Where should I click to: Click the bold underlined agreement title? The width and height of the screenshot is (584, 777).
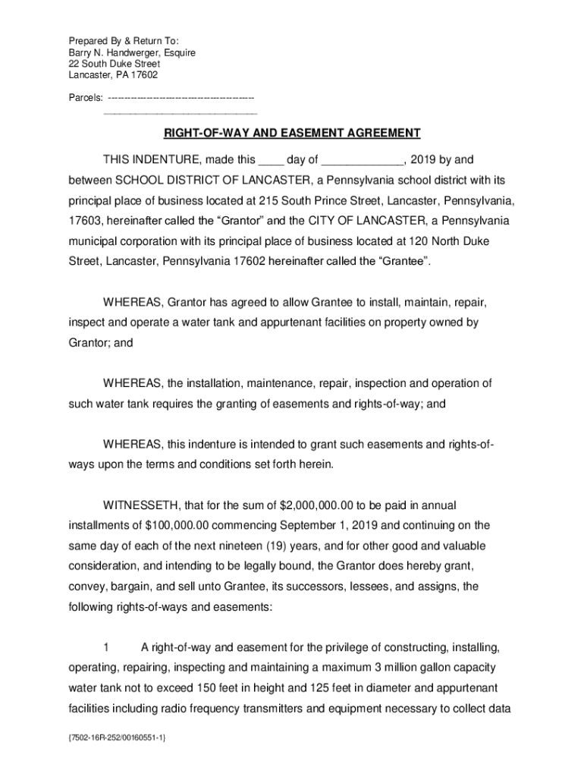pos(292,134)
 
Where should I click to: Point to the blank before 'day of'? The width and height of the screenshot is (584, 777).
pos(271,160)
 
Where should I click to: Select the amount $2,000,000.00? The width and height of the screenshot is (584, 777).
pos(317,505)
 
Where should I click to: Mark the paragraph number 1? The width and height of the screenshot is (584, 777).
pos(107,648)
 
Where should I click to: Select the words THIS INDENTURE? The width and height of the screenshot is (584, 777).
pos(151,160)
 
